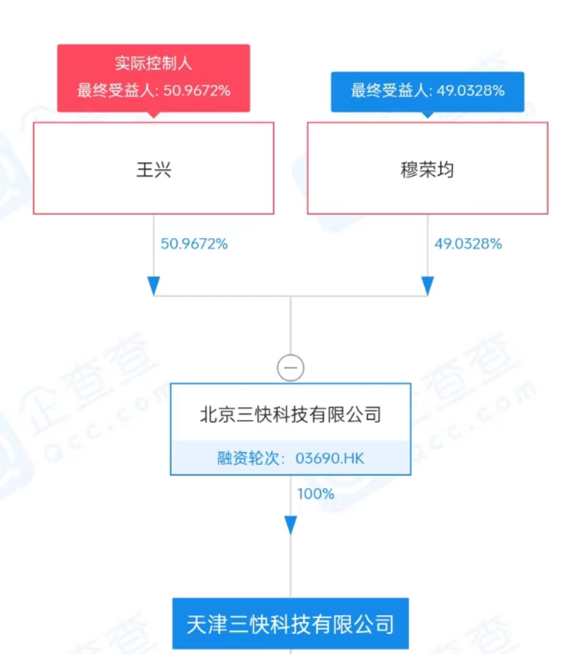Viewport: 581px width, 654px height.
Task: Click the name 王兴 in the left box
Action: point(154,169)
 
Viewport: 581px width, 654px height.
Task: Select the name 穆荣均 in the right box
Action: point(427,169)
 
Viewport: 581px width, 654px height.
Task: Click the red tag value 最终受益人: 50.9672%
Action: point(154,91)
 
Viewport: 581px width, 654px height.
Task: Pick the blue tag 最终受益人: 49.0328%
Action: point(427,90)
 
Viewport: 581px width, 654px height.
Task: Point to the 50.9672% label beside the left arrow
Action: point(194,244)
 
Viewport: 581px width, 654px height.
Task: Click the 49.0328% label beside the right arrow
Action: point(468,244)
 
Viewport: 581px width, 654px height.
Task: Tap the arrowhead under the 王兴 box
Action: point(154,286)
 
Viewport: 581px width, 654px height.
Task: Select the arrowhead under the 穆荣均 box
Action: point(427,286)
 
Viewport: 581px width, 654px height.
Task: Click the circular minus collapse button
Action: point(291,368)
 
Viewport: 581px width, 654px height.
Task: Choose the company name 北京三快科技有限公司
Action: point(291,415)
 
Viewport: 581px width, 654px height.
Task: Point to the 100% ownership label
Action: point(315,494)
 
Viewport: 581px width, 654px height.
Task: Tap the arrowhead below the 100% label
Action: point(291,525)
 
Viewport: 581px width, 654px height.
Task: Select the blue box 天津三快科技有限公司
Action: point(291,624)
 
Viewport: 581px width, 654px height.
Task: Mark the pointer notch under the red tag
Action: point(154,114)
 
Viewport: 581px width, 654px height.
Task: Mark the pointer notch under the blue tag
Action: point(427,114)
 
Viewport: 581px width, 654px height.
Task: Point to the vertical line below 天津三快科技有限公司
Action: point(291,651)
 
